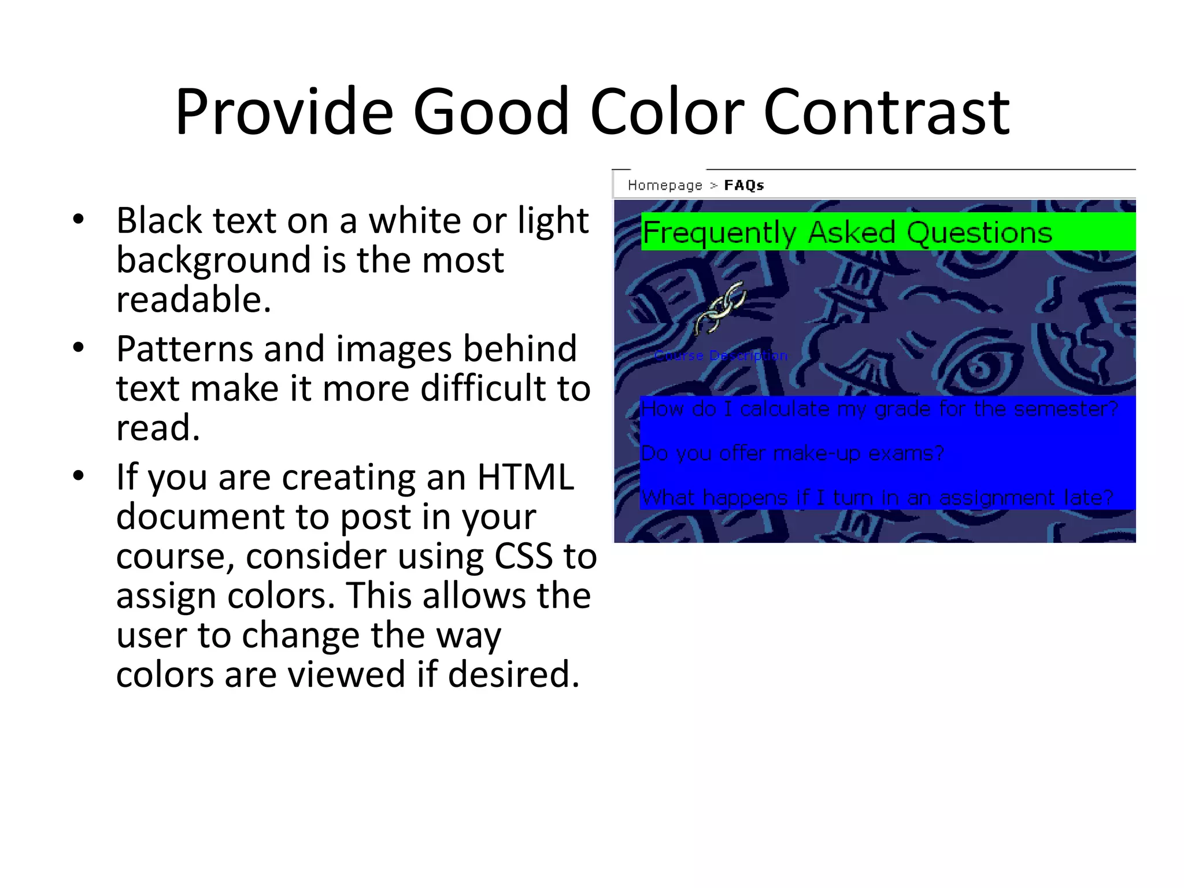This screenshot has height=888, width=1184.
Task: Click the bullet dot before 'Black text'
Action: (x=79, y=220)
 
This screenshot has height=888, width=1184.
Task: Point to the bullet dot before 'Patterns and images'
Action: (x=79, y=347)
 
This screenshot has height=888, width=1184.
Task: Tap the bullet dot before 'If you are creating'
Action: (x=79, y=476)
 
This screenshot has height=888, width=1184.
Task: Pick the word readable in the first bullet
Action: (x=194, y=299)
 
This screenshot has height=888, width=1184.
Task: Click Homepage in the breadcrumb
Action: (x=665, y=186)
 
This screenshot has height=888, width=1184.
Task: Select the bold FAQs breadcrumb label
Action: (x=744, y=186)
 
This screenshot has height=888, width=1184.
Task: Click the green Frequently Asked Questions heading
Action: (x=847, y=232)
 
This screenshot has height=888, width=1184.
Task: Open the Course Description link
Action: (x=721, y=356)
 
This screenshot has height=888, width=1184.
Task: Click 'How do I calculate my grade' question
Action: (x=879, y=409)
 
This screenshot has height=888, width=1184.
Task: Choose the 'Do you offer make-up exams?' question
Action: (x=792, y=453)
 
